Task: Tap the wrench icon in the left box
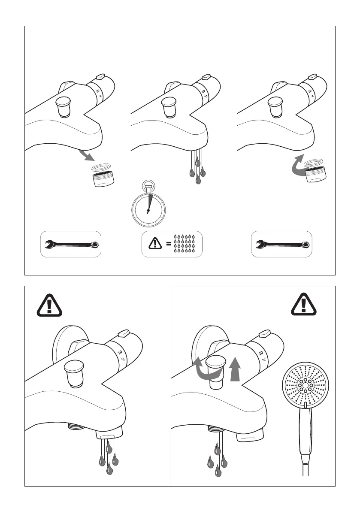[71, 245]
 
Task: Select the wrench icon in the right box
[282, 245]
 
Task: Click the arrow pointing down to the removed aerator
[88, 155]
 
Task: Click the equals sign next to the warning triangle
[169, 244]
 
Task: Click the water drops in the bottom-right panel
[217, 459]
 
